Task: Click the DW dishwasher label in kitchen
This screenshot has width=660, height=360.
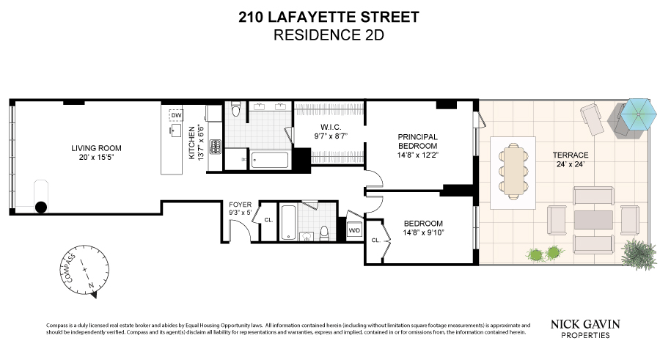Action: pyautogui.click(x=176, y=115)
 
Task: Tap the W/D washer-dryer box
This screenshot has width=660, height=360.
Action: pyautogui.click(x=354, y=230)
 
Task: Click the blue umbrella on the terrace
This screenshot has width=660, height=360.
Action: pyautogui.click(x=639, y=114)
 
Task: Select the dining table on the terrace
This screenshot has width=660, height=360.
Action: pyautogui.click(x=513, y=171)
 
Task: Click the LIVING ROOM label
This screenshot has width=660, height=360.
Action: pyautogui.click(x=96, y=148)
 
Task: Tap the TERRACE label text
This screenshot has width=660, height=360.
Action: pyautogui.click(x=571, y=155)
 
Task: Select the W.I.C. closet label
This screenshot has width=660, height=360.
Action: pyautogui.click(x=331, y=127)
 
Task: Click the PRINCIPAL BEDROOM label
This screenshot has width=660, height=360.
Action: pyautogui.click(x=417, y=142)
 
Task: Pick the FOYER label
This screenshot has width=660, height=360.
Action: pyautogui.click(x=240, y=205)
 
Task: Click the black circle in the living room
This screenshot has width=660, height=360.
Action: pyautogui.click(x=41, y=207)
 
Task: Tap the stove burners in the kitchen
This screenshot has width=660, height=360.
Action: pyautogui.click(x=216, y=147)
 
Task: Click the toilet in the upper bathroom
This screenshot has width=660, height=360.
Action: pyautogui.click(x=235, y=109)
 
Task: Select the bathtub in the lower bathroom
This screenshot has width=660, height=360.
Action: pyautogui.click(x=288, y=222)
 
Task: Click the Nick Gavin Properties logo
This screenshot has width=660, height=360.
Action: pyautogui.click(x=585, y=329)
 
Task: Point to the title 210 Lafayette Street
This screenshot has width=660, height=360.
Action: pyautogui.click(x=329, y=18)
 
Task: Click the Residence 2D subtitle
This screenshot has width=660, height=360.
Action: pyautogui.click(x=329, y=35)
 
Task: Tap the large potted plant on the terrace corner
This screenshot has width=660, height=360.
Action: pyautogui.click(x=639, y=254)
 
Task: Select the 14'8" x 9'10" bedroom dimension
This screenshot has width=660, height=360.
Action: pyautogui.click(x=423, y=232)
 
